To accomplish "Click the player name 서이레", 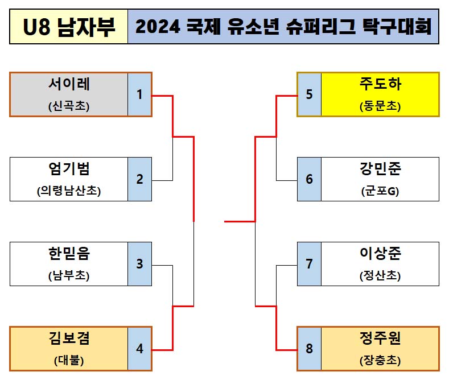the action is pyautogui.click(x=69, y=84).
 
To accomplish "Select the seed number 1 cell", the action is pyautogui.click(x=139, y=94).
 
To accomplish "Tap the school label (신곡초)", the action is pyautogui.click(x=69, y=106).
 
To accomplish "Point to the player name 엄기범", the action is pyautogui.click(x=69, y=168).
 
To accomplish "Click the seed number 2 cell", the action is pyautogui.click(x=139, y=179).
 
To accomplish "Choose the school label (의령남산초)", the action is pyautogui.click(x=69, y=191).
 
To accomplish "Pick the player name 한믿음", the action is pyautogui.click(x=69, y=253).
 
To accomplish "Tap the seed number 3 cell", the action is pyautogui.click(x=139, y=264).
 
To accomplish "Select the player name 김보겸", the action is pyautogui.click(x=69, y=338).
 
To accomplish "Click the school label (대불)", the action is pyautogui.click(x=69, y=360).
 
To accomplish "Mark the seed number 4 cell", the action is pyautogui.click(x=139, y=349).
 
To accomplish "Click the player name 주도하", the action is pyautogui.click(x=380, y=84).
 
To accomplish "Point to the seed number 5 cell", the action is pyautogui.click(x=309, y=94).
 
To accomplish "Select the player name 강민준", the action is pyautogui.click(x=380, y=168).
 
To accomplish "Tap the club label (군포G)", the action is pyautogui.click(x=380, y=191).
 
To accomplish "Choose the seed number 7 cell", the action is pyautogui.click(x=309, y=264).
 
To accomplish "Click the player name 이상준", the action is pyautogui.click(x=380, y=253).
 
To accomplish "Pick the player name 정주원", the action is pyautogui.click(x=380, y=338).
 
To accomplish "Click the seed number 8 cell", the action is pyautogui.click(x=309, y=349).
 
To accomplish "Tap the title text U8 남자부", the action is pyautogui.click(x=69, y=27).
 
